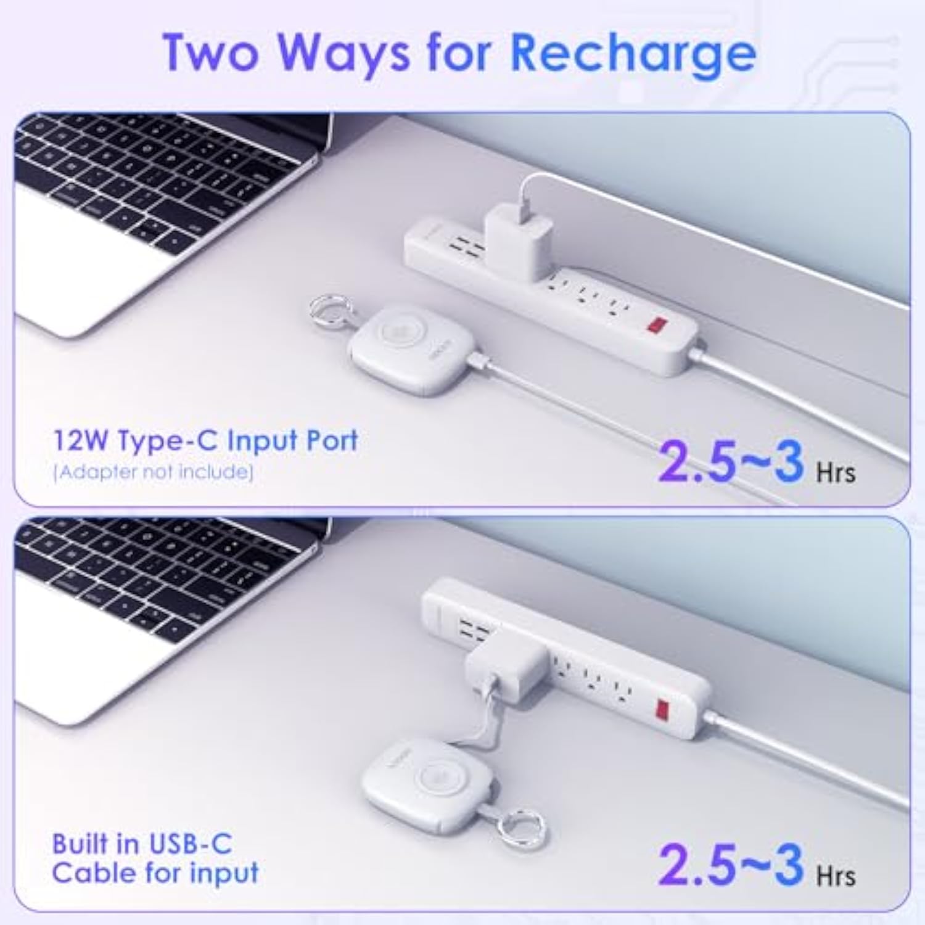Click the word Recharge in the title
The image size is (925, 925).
(633, 54)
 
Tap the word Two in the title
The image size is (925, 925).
(210, 54)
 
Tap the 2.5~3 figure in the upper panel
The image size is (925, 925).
(731, 461)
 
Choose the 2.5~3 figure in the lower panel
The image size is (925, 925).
(731, 865)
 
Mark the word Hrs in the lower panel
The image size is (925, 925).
(836, 876)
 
